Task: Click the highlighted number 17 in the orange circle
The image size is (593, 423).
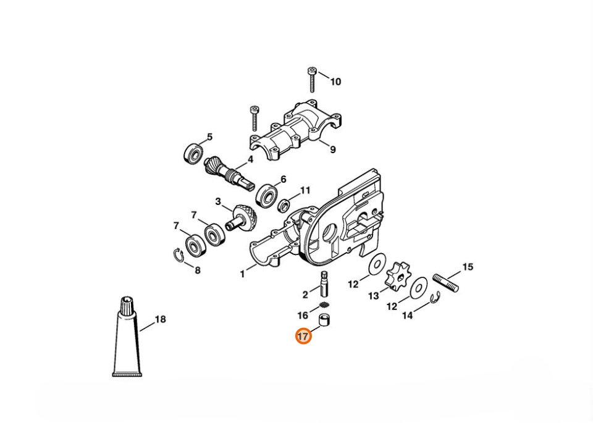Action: coord(303,336)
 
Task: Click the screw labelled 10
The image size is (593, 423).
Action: coord(312,80)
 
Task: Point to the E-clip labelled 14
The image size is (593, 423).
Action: coord(435,298)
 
